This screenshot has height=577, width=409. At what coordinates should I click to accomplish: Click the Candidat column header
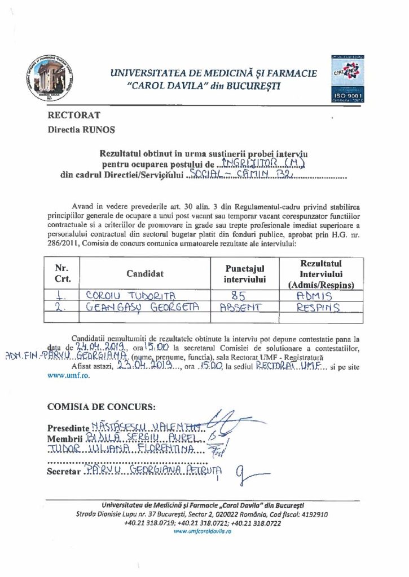[145, 274]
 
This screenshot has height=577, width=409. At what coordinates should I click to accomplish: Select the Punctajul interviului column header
[244, 274]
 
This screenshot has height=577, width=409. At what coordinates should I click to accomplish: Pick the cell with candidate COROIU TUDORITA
[121, 294]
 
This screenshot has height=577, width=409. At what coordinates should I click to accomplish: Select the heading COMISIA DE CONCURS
[103, 406]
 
